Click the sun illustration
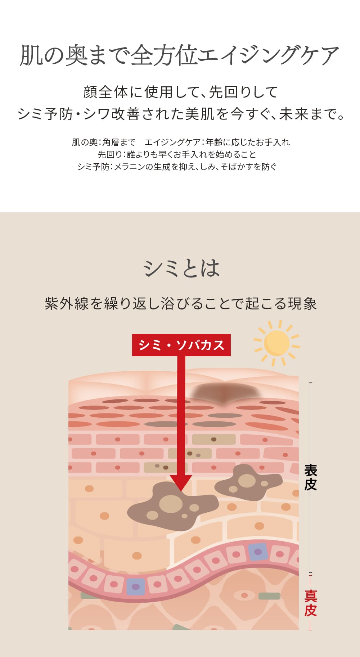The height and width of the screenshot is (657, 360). (x=276, y=343)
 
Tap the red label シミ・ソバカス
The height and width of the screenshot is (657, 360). (x=181, y=345)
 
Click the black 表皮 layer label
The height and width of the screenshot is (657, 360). (x=310, y=477)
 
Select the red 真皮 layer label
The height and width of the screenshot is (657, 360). (x=310, y=603)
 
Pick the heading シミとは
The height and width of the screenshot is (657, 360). (x=181, y=268)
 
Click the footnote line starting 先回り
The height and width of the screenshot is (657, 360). (x=177, y=154)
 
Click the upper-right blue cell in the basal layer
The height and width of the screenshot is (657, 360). (x=258, y=552)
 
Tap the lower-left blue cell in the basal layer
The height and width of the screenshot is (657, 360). (x=135, y=586)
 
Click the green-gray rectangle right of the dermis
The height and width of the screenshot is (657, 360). (x=269, y=596)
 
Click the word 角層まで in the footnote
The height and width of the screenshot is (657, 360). (x=119, y=142)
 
